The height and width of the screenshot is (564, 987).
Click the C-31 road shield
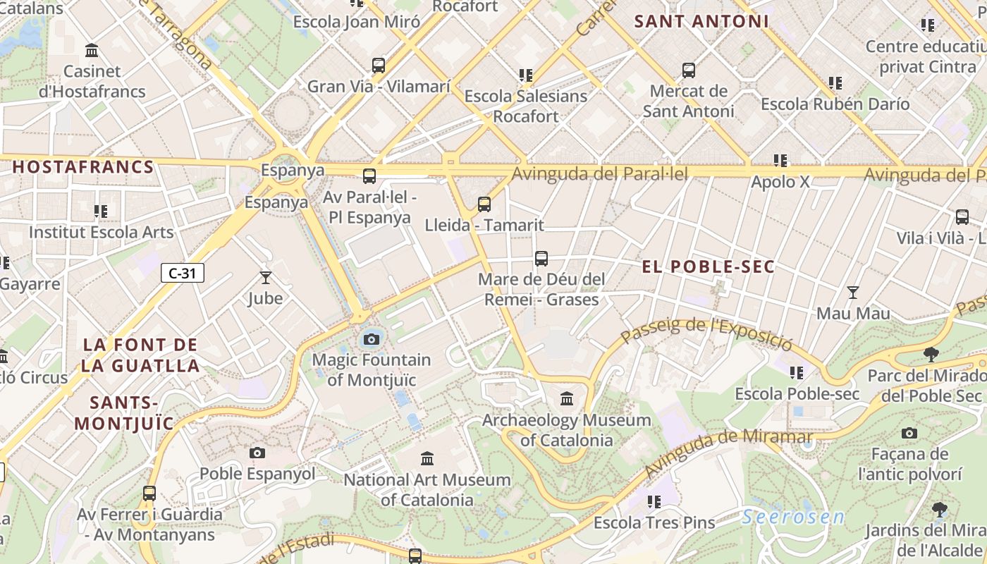tap(183, 273)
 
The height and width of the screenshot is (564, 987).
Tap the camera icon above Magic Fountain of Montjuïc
tap(372, 340)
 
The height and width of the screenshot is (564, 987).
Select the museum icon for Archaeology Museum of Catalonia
tap(567, 400)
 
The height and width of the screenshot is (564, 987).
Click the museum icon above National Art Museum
tap(427, 459)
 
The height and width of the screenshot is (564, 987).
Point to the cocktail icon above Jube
tap(266, 278)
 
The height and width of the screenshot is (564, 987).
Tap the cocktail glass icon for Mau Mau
tap(853, 292)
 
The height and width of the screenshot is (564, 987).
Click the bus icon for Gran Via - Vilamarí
tap(379, 66)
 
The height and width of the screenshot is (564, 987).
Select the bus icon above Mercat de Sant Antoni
tap(689, 70)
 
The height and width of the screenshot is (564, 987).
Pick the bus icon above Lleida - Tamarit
tap(484, 204)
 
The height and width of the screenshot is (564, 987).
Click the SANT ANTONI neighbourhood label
tap(701, 21)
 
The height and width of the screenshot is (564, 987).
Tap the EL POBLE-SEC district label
tap(709, 266)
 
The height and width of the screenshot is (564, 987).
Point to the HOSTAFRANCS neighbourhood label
tap(83, 167)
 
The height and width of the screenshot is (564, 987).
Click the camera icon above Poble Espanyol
tap(257, 453)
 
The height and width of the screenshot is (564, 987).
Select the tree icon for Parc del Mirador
tap(931, 354)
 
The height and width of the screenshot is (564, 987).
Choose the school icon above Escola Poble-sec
tap(797, 372)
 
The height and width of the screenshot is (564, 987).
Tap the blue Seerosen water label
tap(793, 517)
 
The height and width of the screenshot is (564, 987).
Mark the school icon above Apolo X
tap(780, 161)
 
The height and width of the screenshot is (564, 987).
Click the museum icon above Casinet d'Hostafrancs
tap(92, 51)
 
